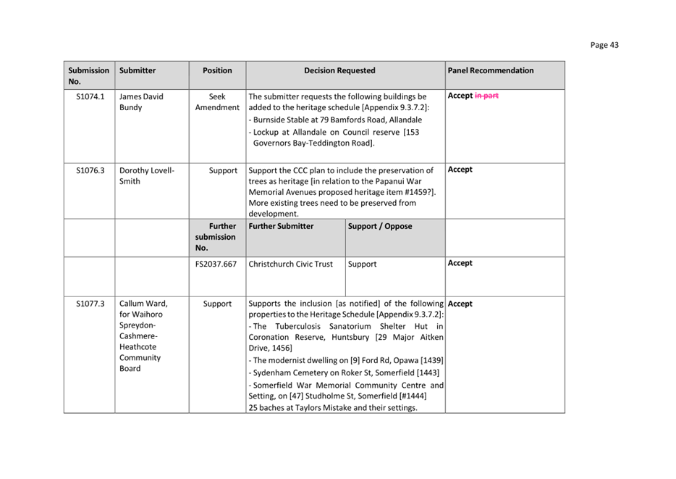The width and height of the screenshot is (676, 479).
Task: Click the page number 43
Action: tap(604, 45)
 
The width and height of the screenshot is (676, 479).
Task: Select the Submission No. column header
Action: tap(88, 75)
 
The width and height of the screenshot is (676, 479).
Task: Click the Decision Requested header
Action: tap(339, 70)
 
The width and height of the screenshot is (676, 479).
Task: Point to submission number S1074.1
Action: tap(90, 96)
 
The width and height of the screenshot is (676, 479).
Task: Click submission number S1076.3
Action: tap(90, 170)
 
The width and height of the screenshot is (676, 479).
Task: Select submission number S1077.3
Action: tap(90, 304)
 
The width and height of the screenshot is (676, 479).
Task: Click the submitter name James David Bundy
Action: tap(141, 101)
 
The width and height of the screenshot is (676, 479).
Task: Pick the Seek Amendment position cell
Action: tap(217, 101)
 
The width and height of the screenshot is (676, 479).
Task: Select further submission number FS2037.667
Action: tap(216, 264)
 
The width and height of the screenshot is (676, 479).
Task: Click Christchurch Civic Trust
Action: tap(290, 264)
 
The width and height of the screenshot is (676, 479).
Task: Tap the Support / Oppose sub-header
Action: tap(380, 226)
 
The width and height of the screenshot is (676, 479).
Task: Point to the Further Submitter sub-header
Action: tap(281, 226)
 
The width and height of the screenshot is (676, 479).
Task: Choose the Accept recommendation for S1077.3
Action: tap(460, 304)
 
